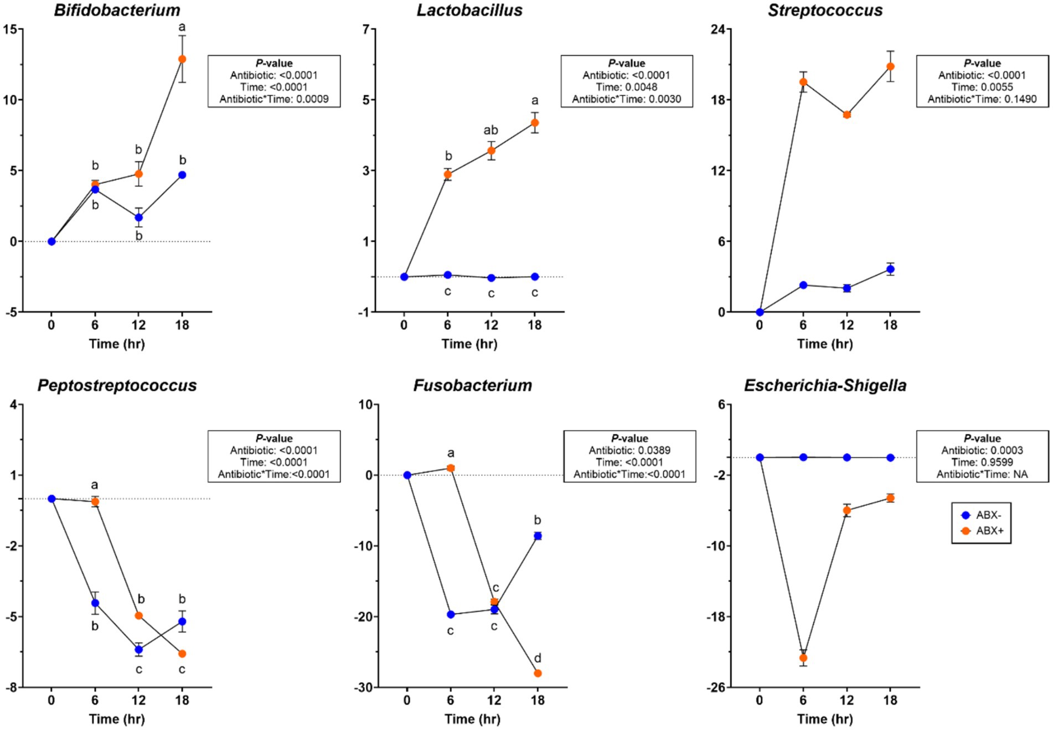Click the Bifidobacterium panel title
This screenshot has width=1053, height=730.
117,10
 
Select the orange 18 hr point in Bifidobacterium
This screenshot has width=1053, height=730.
182,59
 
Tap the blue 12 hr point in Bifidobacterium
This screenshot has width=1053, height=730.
139,218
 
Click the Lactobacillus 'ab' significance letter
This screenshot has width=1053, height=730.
491,131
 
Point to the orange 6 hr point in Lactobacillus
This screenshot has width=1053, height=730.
448,174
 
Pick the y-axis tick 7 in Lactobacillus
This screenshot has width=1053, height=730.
365,29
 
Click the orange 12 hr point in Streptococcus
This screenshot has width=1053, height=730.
846,115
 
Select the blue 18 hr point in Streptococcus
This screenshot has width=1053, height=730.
890,270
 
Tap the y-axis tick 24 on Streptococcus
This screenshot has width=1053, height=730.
718,29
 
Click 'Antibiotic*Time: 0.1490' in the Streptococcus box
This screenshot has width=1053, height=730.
982,99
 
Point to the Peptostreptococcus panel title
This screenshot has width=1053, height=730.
117,385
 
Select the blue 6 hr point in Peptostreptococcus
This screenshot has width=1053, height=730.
95,603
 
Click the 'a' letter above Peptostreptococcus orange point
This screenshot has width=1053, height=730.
95,485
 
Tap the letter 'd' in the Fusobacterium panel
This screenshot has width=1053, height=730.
537,658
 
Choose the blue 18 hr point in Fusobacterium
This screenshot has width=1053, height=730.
538,536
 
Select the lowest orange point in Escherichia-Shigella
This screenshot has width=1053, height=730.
803,658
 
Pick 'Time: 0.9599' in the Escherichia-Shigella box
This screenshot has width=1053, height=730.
982,462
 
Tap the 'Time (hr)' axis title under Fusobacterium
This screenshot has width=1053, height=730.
472,719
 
